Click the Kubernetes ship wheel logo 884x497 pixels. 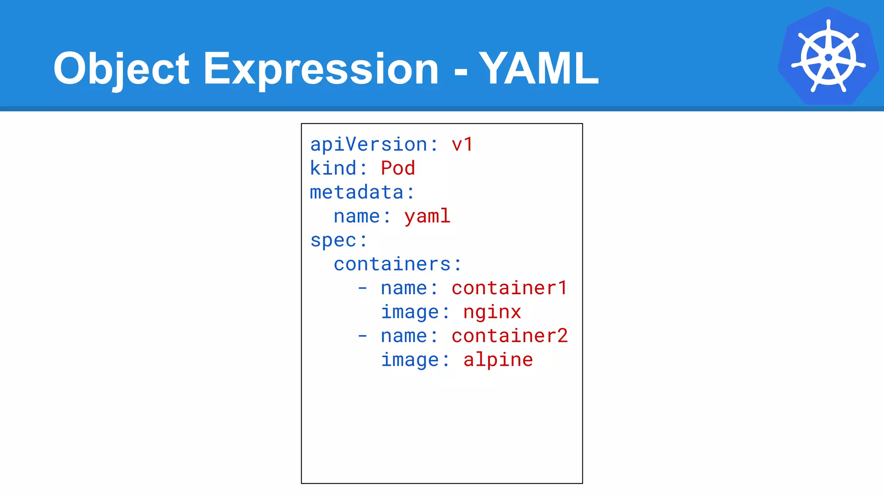(828, 57)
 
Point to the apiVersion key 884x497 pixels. (368, 145)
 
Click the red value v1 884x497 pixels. (462, 145)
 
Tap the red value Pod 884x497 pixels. (398, 168)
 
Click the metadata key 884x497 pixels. (357, 192)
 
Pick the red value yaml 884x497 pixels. (427, 216)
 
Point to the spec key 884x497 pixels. (333, 240)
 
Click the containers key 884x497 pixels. (392, 264)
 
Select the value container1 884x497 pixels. (509, 288)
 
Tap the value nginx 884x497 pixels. (492, 312)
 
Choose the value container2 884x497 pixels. (509, 336)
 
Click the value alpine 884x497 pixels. (498, 360)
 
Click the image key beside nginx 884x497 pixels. (410, 312)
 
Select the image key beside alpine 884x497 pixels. (410, 360)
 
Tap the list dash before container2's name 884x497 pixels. (363, 336)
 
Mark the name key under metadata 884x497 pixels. (357, 216)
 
